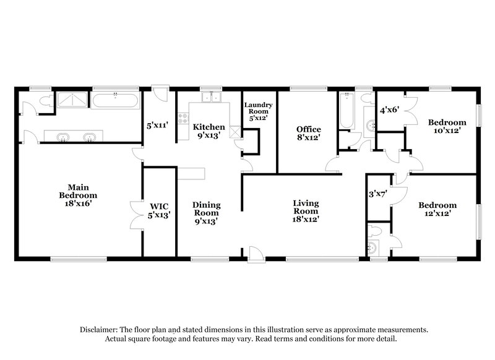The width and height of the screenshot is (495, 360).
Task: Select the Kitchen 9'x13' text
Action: click(x=209, y=131)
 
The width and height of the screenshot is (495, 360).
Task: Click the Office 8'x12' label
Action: click(x=308, y=132)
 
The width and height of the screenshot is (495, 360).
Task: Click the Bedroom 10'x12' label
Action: click(x=447, y=126)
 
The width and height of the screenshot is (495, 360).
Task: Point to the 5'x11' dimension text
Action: click(x=158, y=125)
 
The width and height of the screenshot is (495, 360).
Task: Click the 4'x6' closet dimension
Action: click(x=389, y=110)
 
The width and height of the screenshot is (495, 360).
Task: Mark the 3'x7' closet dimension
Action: click(x=377, y=194)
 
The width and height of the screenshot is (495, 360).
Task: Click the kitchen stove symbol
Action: click(x=183, y=118)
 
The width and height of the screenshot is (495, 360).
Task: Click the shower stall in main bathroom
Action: click(x=72, y=99)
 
